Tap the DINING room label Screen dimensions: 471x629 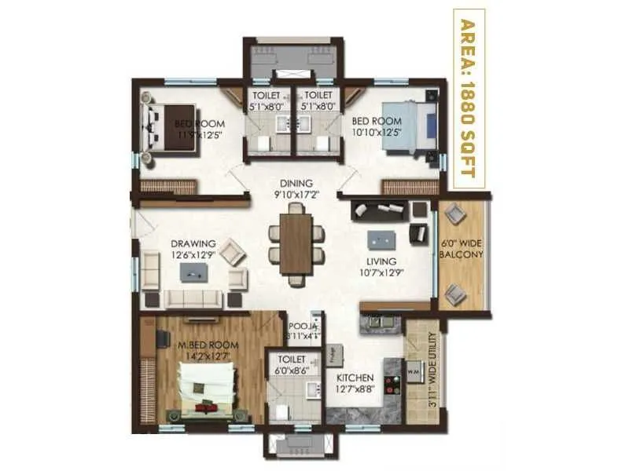pos(296,183)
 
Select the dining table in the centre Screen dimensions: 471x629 pos(296,243)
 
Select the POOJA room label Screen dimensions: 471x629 pos(302,325)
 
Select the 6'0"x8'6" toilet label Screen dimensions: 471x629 pos(291,370)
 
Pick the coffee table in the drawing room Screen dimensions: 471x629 pos(193,271)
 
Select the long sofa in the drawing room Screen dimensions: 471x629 pos(194,298)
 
